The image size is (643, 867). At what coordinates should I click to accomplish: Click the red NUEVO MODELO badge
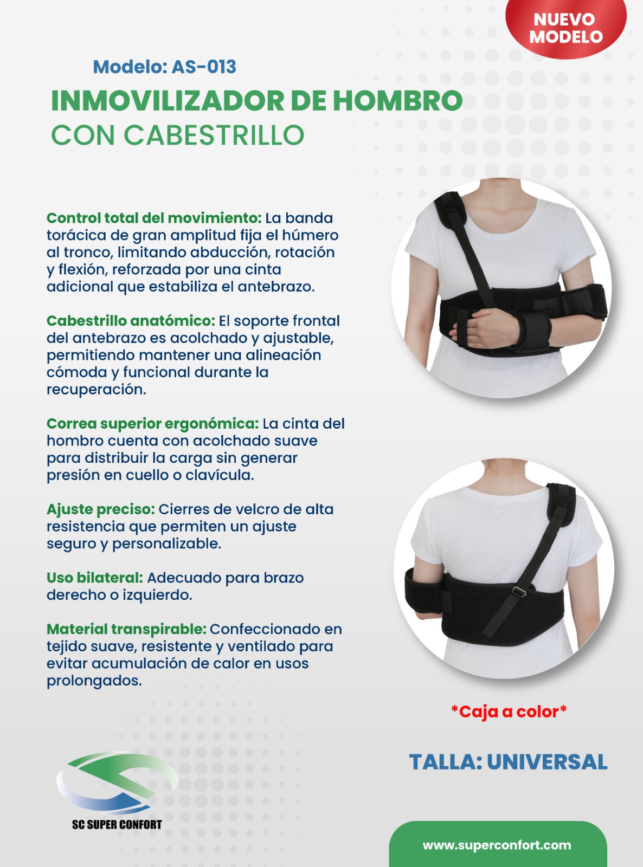[566, 27]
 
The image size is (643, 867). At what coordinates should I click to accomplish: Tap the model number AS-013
[204, 67]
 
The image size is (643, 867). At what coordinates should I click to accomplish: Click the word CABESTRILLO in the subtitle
[214, 135]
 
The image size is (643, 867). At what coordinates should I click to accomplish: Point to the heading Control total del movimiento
[154, 218]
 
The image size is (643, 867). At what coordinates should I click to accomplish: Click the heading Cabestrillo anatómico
[131, 321]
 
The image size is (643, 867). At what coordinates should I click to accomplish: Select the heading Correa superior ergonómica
[153, 424]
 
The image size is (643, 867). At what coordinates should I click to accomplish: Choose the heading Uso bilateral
[95, 578]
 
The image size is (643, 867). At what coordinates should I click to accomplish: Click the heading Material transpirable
[127, 629]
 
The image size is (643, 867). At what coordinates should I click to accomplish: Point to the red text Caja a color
[509, 712]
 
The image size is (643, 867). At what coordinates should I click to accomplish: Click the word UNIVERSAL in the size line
[547, 762]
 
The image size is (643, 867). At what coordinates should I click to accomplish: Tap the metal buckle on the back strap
[519, 591]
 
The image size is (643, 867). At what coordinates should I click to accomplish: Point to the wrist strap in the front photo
[532, 332]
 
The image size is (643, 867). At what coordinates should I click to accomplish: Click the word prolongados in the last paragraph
[94, 681]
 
